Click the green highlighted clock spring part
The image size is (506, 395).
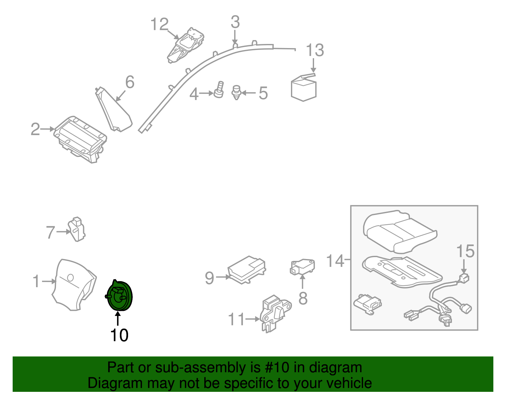[119, 296]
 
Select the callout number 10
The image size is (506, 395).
[119, 335]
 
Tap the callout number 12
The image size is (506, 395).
[159, 24]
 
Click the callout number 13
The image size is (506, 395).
[315, 50]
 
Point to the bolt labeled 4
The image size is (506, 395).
[219, 89]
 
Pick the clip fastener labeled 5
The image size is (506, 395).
[236, 93]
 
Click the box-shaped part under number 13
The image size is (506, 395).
[304, 88]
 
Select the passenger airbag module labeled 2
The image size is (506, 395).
[80, 139]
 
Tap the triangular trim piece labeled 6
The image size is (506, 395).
[114, 109]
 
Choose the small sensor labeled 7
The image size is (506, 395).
[77, 229]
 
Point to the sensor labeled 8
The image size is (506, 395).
[302, 267]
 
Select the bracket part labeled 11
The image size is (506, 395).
[276, 314]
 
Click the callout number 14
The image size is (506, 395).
[335, 261]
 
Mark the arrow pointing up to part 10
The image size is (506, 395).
[118, 319]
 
